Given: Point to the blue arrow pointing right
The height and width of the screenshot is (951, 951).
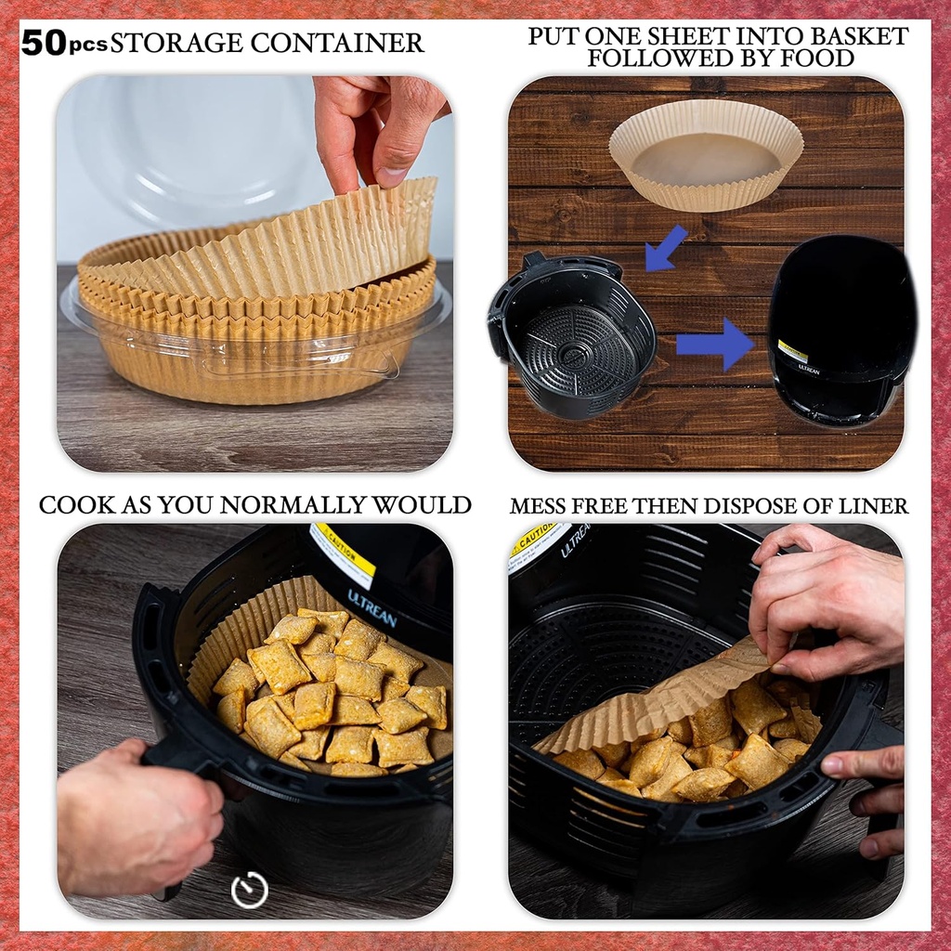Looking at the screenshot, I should click(715, 344).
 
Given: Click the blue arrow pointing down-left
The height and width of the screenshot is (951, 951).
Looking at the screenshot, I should click(665, 249).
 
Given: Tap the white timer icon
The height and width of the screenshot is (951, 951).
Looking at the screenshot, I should click(250, 891).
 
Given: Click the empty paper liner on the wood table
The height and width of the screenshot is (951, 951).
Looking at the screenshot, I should click(706, 153).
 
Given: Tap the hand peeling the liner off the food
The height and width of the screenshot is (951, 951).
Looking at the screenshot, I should click(827, 604).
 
